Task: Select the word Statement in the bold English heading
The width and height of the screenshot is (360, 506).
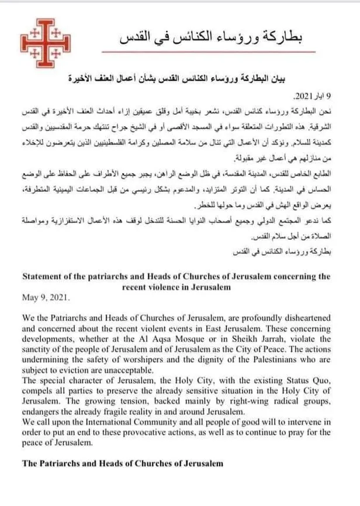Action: point(45,276)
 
